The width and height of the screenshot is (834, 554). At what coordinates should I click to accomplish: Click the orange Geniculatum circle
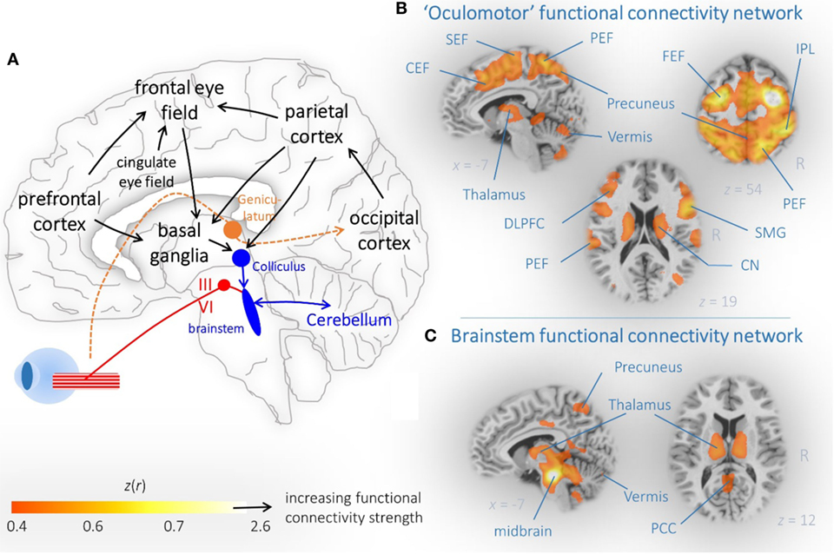233,230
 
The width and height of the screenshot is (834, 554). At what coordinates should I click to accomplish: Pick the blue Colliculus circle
242,259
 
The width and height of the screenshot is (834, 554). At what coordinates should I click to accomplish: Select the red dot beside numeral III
223,286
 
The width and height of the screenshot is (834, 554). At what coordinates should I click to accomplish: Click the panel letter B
400,10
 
